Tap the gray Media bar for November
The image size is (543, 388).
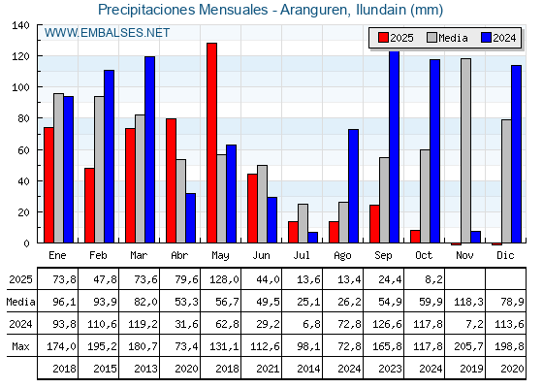point(465,150)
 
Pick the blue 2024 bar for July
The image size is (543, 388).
point(312,237)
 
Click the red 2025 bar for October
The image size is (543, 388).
point(415,236)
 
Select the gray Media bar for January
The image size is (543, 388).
point(58,168)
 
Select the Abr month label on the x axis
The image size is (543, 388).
point(180,254)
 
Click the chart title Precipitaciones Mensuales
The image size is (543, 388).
point(271,10)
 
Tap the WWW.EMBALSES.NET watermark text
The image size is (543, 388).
point(107,33)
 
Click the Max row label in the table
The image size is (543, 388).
point(19,346)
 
